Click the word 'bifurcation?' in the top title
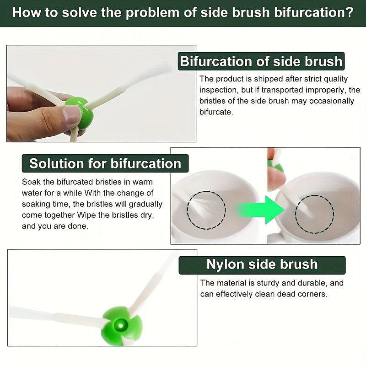[x=314, y=13]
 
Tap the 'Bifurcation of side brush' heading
[x=261, y=61]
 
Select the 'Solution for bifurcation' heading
[x=105, y=163]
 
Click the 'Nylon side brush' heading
[x=262, y=265]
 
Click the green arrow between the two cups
[x=261, y=210]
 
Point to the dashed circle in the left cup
[x=206, y=210]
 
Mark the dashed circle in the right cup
[x=314, y=214]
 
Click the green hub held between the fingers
[x=81, y=112]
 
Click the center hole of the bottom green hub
[x=120, y=325]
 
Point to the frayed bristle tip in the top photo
[x=163, y=68]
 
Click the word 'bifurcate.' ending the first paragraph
[x=216, y=112]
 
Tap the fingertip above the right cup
[x=276, y=178]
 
